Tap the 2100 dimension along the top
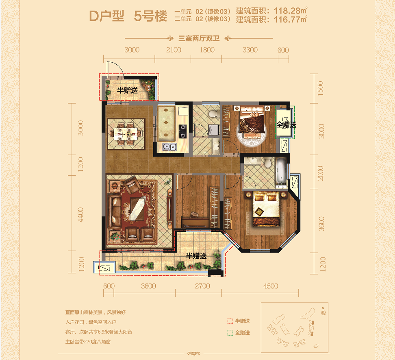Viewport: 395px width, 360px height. tap(174, 50)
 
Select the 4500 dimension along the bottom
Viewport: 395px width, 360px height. tap(271, 286)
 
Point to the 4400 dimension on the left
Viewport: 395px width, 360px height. tap(80, 215)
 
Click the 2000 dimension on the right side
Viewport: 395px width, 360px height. tap(320, 173)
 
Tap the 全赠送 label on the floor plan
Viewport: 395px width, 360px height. tap(286, 124)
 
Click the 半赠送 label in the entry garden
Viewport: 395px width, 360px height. tap(128, 90)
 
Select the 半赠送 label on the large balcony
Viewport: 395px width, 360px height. tap(196, 256)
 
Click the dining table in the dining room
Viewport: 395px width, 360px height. tap(126, 134)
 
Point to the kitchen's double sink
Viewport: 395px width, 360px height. tap(169, 147)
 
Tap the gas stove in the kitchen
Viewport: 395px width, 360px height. tap(182, 131)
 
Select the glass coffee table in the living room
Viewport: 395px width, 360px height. tap(137, 209)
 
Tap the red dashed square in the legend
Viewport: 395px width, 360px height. tap(230, 321)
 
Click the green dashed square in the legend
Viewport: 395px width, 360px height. tap(230, 333)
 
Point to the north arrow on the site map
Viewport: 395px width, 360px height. tap(323, 312)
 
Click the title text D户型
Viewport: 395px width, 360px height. tap(107, 16)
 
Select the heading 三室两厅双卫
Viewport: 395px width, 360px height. tap(199, 38)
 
